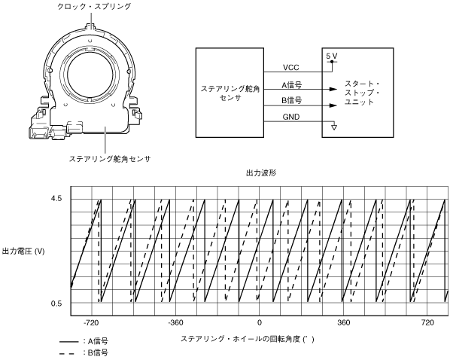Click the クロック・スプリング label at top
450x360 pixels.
pos(94,6)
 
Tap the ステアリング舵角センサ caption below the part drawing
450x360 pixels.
pos(110,159)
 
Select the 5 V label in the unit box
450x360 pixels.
pos(332,56)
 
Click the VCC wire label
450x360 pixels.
pos(291,68)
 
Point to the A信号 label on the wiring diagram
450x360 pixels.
pos(291,85)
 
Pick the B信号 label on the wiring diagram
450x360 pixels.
pos(291,101)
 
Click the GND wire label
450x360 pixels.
pos(291,117)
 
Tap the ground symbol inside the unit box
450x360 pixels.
pos(333,127)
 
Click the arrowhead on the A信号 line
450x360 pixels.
pos(333,89)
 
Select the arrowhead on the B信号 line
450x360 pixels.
pos(333,105)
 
